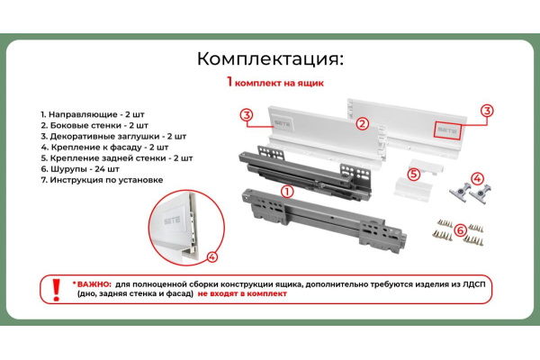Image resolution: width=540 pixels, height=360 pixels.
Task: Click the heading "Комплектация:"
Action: coord(270,59)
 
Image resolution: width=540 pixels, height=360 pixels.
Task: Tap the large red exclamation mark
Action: coord(56,290)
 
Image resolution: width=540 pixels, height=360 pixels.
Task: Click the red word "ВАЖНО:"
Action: coord(94,284)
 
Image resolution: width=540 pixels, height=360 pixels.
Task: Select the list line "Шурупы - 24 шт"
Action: coord(80,169)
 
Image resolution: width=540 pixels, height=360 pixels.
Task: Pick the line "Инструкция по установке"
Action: coord(102,180)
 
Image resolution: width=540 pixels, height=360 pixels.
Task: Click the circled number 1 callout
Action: coord(287,191)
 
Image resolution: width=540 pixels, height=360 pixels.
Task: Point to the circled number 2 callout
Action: coord(362,123)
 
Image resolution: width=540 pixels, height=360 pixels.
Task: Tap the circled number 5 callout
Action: coord(414,174)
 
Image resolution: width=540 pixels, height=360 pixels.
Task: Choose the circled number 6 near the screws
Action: coord(461,229)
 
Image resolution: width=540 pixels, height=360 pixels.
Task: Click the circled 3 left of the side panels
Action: coord(247,114)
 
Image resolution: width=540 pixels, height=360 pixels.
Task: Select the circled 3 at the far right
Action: coord(487,111)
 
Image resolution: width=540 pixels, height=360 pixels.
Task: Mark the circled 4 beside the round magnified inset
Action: coord(212,256)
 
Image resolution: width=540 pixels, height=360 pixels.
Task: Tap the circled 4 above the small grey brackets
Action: coord(477,179)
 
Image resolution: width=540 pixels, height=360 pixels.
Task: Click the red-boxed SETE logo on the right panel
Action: coord(447,130)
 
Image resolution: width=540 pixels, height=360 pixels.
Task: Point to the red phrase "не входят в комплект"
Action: coord(242,294)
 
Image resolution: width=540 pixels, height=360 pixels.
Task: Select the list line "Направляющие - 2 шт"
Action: coord(93,114)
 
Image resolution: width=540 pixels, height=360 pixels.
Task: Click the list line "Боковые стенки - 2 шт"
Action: coord(94,125)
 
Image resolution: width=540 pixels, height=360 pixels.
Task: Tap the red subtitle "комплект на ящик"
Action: coord(279,84)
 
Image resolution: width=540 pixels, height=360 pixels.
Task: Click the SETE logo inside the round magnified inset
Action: coord(172,220)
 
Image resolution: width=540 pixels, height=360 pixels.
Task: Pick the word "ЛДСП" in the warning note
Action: coord(474,285)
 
